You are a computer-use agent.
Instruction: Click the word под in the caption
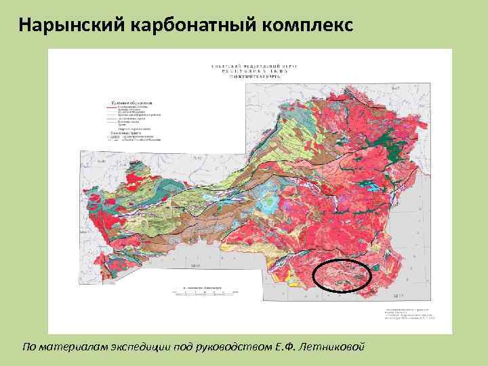(x=183, y=346)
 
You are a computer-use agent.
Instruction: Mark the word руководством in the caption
(x=235, y=346)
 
